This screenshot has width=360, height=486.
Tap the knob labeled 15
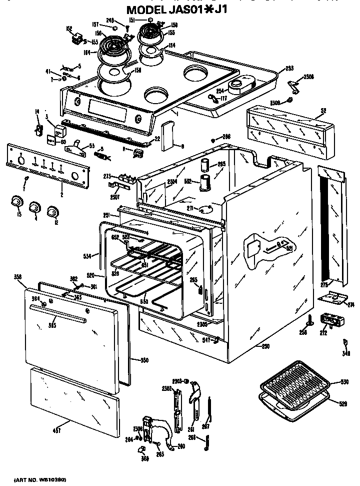click(x=17, y=202)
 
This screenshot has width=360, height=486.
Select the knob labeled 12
click(x=51, y=212)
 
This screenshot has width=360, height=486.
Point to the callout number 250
click(x=265, y=346)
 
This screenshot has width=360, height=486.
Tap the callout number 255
click(x=289, y=68)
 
